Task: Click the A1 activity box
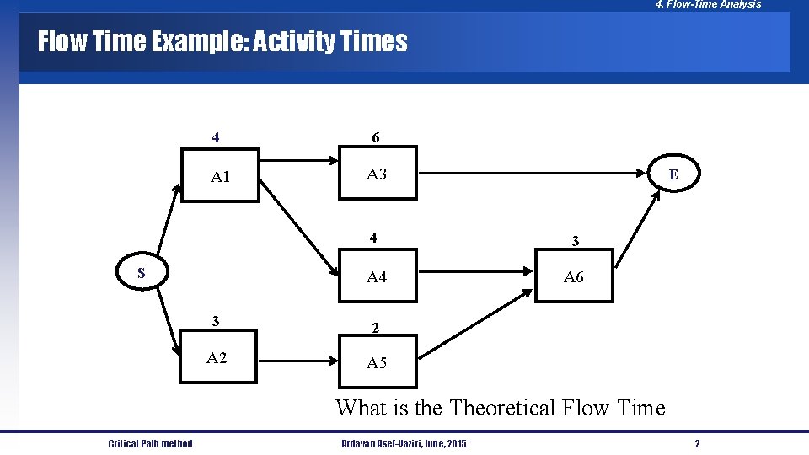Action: tap(219, 176)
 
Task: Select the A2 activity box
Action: tap(217, 359)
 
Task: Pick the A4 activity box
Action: tap(377, 276)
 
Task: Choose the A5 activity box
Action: tap(377, 363)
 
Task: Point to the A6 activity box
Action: tap(573, 276)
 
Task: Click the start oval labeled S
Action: tap(142, 273)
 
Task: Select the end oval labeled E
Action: tap(672, 174)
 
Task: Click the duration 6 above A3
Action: tap(376, 137)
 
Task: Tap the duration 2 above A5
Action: tap(376, 327)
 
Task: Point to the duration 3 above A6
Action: tap(575, 241)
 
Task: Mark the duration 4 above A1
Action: tap(217, 137)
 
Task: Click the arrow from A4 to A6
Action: tap(475, 271)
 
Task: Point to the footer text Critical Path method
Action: tap(150, 444)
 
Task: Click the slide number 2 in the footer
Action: tap(697, 444)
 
